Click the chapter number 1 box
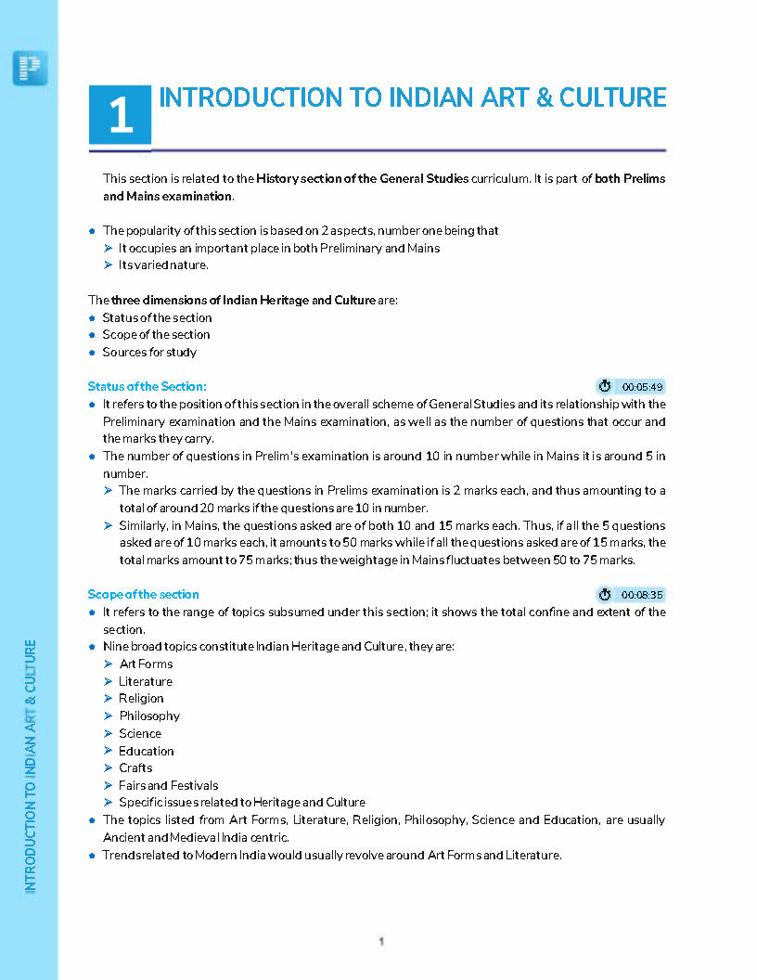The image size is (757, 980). [120, 117]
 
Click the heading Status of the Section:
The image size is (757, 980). [147, 386]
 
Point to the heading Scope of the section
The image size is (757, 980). [143, 594]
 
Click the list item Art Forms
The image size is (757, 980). [146, 664]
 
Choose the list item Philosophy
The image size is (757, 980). [149, 716]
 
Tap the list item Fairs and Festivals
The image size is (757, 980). [168, 785]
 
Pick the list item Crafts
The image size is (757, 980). [135, 767]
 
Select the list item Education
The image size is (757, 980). [146, 751]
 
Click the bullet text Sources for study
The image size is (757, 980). [149, 352]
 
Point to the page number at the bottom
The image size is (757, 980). [381, 941]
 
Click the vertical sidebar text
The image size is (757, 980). [31, 766]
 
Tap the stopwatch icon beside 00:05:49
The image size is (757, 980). [606, 386]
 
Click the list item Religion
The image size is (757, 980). [141, 698]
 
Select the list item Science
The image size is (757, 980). [140, 733]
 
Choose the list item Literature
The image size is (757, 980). [146, 681]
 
